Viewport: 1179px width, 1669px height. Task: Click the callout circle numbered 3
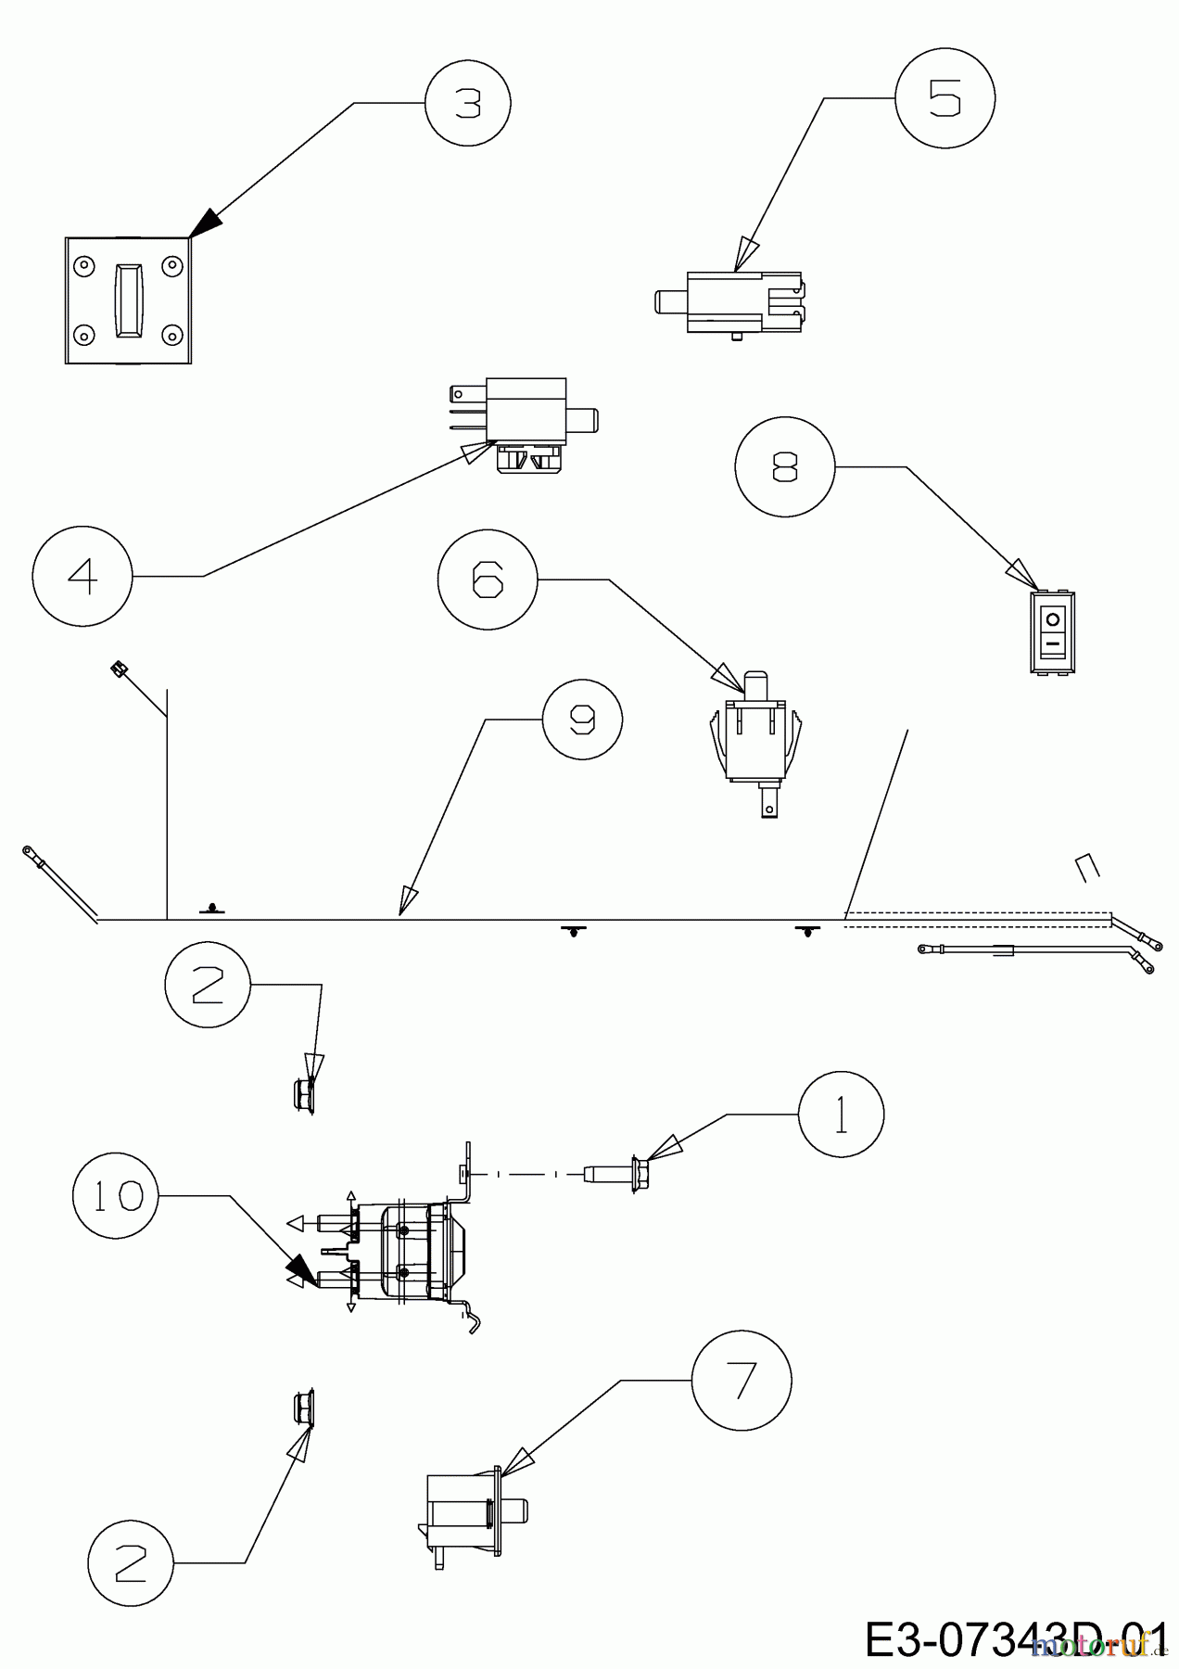click(468, 104)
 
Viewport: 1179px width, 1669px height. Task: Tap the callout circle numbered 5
click(945, 97)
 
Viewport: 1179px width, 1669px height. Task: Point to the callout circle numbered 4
click(82, 576)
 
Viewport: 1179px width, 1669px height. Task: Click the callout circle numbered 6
click(488, 580)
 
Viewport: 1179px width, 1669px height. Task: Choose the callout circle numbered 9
click(582, 720)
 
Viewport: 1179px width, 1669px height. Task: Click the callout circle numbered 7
click(742, 1380)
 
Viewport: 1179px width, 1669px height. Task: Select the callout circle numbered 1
click(841, 1115)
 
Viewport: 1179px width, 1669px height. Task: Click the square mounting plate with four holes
click(128, 300)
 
